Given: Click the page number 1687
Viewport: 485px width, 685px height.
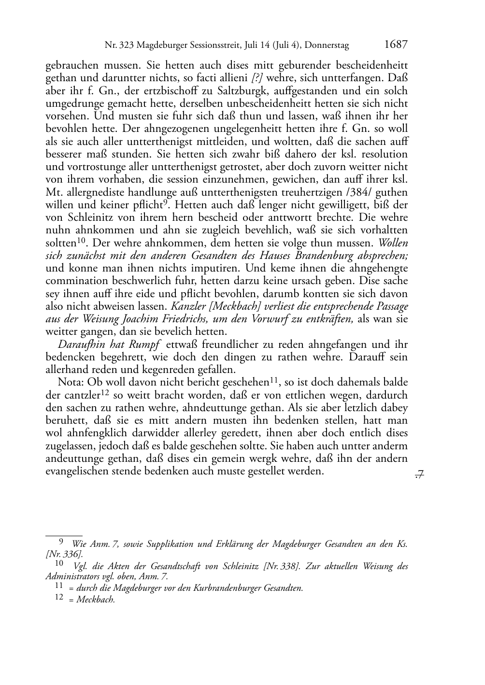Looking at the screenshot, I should point(396,45).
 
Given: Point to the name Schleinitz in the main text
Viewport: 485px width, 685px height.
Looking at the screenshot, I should point(88,217).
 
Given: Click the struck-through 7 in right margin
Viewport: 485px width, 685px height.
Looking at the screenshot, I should point(419,475).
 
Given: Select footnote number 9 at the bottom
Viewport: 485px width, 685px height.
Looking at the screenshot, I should point(61,542).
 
